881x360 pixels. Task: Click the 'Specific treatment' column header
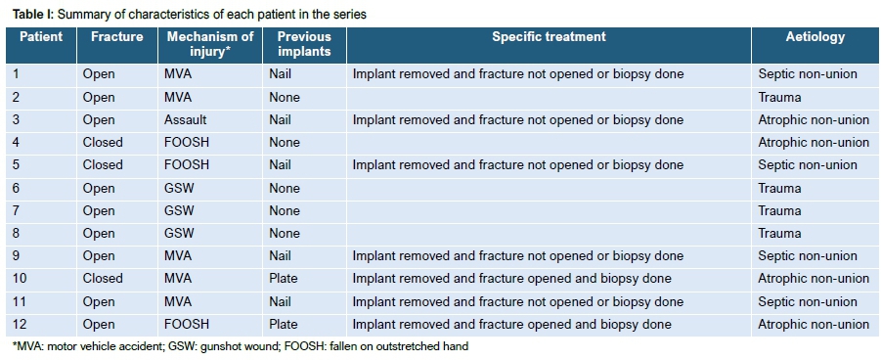[549, 37]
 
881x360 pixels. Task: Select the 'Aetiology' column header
[815, 37]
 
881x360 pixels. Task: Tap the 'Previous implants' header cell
[304, 44]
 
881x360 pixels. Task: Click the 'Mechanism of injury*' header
[210, 44]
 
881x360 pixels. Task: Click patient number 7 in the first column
[16, 210]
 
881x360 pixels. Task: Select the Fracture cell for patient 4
[103, 142]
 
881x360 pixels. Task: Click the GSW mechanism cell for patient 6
[179, 188]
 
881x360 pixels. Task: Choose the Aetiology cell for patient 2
[779, 97]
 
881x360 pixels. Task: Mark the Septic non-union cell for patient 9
[808, 256]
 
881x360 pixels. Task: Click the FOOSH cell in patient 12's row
[187, 324]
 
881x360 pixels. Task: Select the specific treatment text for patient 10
[511, 279]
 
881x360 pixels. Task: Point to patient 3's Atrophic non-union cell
[814, 119]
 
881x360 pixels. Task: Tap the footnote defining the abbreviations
[240, 346]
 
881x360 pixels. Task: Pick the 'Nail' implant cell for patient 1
[280, 74]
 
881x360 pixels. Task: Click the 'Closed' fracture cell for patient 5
[103, 164]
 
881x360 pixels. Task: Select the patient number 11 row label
[20, 301]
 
